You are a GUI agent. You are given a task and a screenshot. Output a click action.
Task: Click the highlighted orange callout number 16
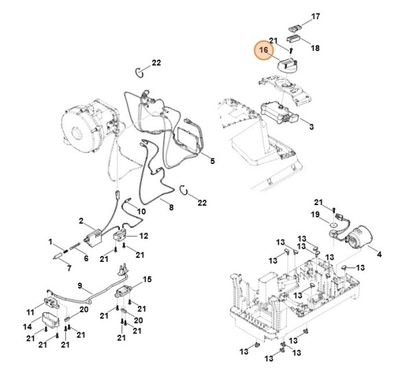pyautogui.click(x=262, y=51)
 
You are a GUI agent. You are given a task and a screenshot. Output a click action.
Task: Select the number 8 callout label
pyautogui.click(x=171, y=208)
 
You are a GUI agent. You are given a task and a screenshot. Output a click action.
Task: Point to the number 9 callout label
pyautogui.click(x=80, y=286)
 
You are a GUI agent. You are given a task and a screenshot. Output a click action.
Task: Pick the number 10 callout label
pyautogui.click(x=141, y=212)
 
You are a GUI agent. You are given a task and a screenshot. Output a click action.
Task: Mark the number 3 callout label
pyautogui.click(x=311, y=127)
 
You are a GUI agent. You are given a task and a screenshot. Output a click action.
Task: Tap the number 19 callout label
pyautogui.click(x=316, y=215)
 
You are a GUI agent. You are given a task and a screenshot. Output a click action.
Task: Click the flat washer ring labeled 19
pyautogui.click(x=333, y=224)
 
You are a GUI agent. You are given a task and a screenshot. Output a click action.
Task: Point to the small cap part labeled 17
pyautogui.click(x=296, y=26)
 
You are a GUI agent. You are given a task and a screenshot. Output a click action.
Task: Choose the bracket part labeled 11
pyautogui.click(x=50, y=300)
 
